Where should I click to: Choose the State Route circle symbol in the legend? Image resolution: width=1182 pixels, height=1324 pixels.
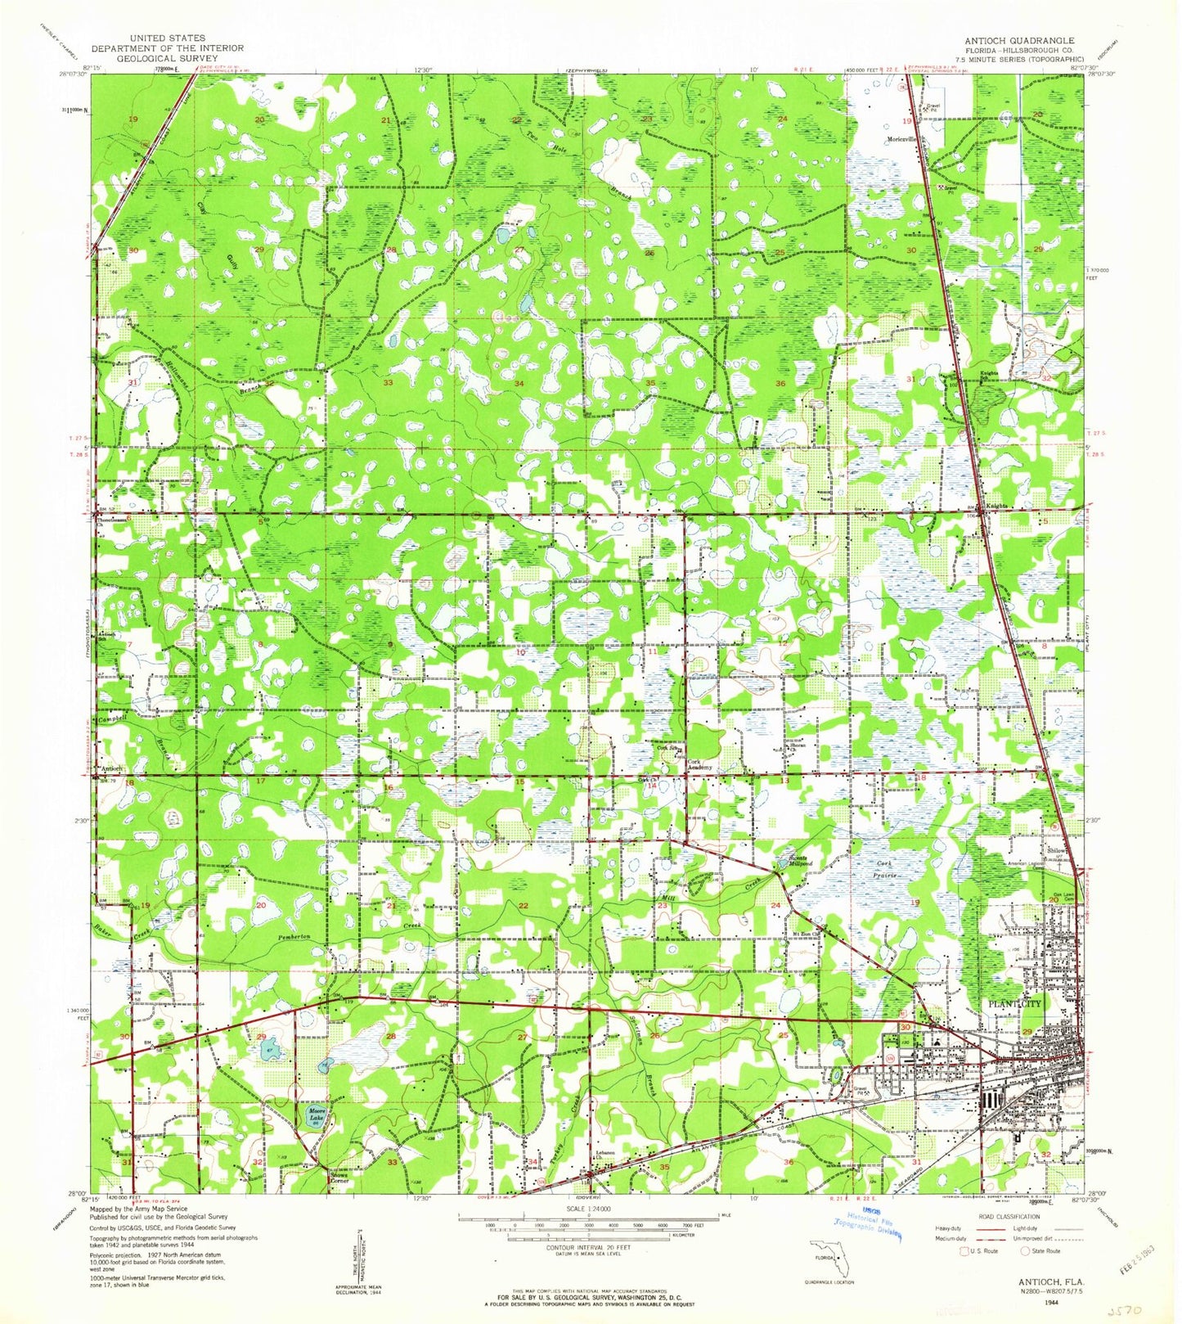click(x=1026, y=1250)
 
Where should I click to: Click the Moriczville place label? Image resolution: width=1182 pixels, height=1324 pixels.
click(x=903, y=139)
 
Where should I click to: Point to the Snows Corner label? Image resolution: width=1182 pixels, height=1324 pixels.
click(x=339, y=1179)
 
